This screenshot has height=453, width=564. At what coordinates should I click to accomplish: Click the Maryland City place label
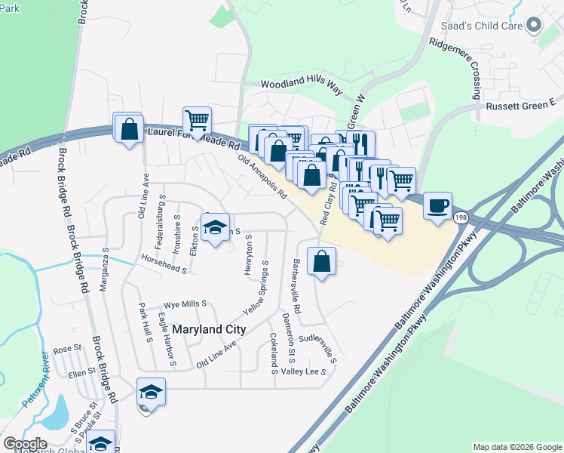point(209,329)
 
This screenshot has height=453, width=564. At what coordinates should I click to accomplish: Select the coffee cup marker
point(437,205)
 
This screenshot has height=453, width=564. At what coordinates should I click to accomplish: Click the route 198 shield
point(460,217)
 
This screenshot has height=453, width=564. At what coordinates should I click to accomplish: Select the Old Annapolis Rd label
point(262,177)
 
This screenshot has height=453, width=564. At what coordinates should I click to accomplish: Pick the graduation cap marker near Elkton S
point(215,226)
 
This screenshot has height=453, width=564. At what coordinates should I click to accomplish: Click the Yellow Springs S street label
point(257,288)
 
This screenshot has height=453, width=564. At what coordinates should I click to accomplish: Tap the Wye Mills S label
point(185,304)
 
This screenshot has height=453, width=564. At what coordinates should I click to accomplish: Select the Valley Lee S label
point(303,371)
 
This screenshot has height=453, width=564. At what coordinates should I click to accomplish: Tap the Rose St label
point(66,349)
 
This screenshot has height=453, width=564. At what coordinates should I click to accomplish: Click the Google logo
point(25,444)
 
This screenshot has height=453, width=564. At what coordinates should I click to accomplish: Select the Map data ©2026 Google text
point(516,447)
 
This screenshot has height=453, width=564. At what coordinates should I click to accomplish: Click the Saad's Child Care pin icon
point(535,26)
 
